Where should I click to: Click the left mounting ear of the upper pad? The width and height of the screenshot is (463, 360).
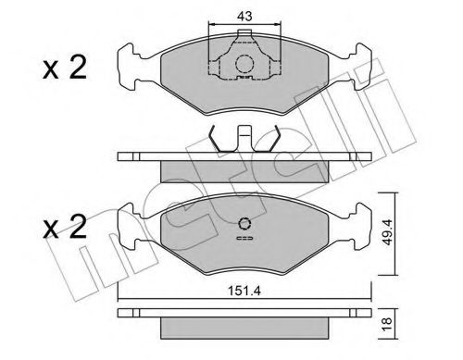coord(131,63)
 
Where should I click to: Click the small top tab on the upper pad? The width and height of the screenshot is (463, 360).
coord(245,37)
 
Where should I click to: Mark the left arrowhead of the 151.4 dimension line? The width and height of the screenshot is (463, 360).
coord(121,297)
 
